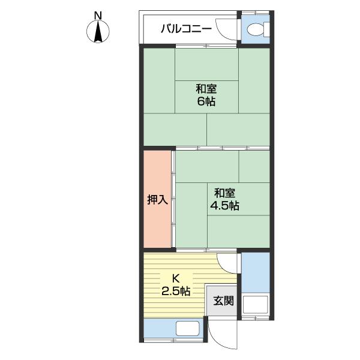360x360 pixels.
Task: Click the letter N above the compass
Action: click(x=98, y=15)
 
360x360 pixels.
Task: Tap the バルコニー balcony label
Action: click(x=185, y=28)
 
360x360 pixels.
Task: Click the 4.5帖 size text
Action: click(x=224, y=205)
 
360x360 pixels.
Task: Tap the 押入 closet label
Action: click(x=157, y=200)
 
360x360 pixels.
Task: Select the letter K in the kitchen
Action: click(x=176, y=278)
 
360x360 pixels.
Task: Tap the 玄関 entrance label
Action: click(x=223, y=301)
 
